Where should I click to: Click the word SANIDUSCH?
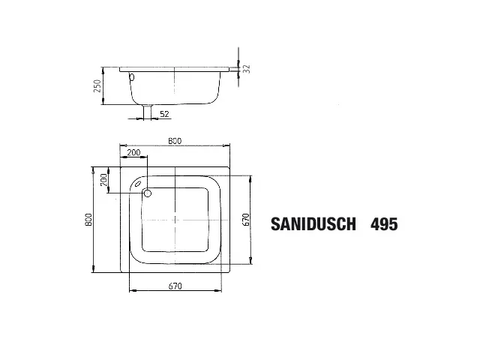[312, 223]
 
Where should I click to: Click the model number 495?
[383, 223]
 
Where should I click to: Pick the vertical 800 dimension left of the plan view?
[88, 219]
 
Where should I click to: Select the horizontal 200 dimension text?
[133, 153]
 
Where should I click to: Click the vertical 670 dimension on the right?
[245, 219]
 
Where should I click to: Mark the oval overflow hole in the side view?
[131, 76]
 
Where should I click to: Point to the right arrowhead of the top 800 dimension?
[228, 145]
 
